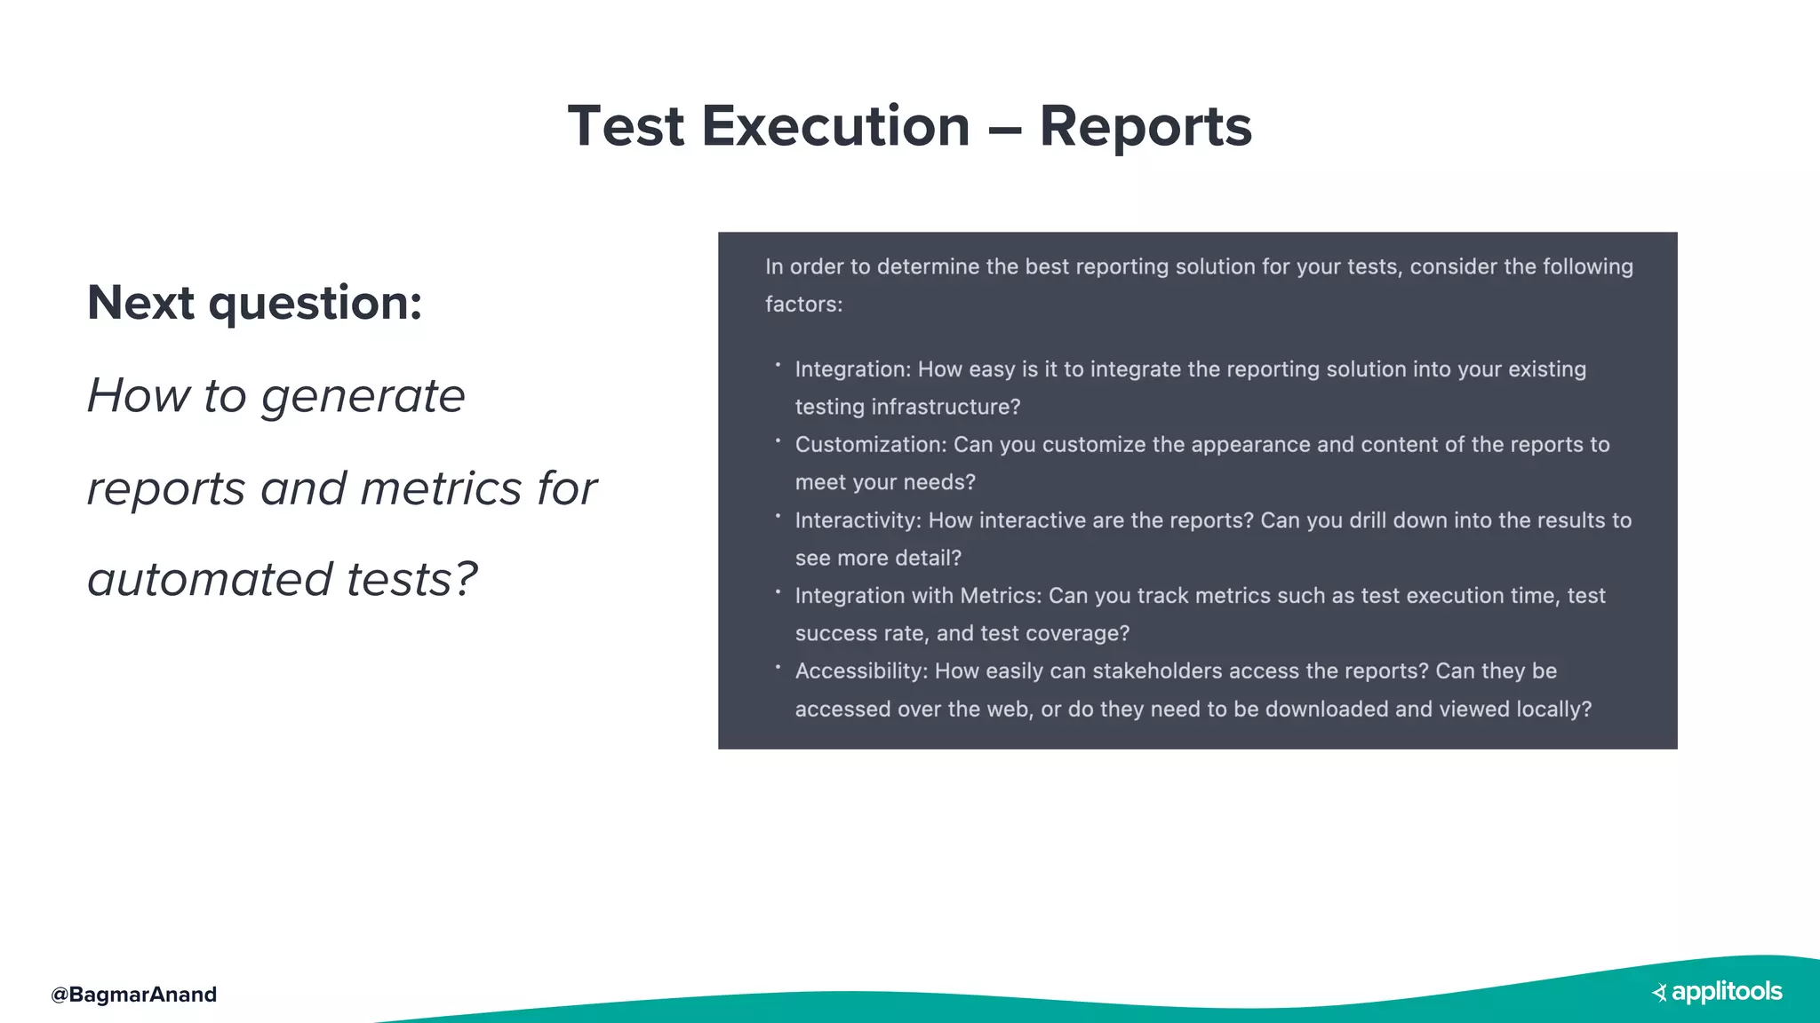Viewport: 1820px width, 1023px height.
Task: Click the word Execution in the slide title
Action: coord(835,126)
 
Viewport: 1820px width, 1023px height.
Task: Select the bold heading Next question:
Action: coord(254,303)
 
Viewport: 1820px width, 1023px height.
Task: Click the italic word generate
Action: coord(363,396)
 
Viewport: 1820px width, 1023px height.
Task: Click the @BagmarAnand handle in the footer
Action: coord(134,995)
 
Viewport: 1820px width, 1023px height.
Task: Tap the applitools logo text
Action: coord(1727,992)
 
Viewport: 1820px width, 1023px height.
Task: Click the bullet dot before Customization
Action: coord(778,440)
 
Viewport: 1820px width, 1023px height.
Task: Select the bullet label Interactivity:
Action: coord(858,520)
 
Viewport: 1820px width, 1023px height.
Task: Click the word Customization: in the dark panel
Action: coord(870,445)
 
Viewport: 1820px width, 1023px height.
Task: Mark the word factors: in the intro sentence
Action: coord(803,305)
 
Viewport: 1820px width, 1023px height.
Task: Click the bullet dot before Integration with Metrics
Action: coord(778,591)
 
